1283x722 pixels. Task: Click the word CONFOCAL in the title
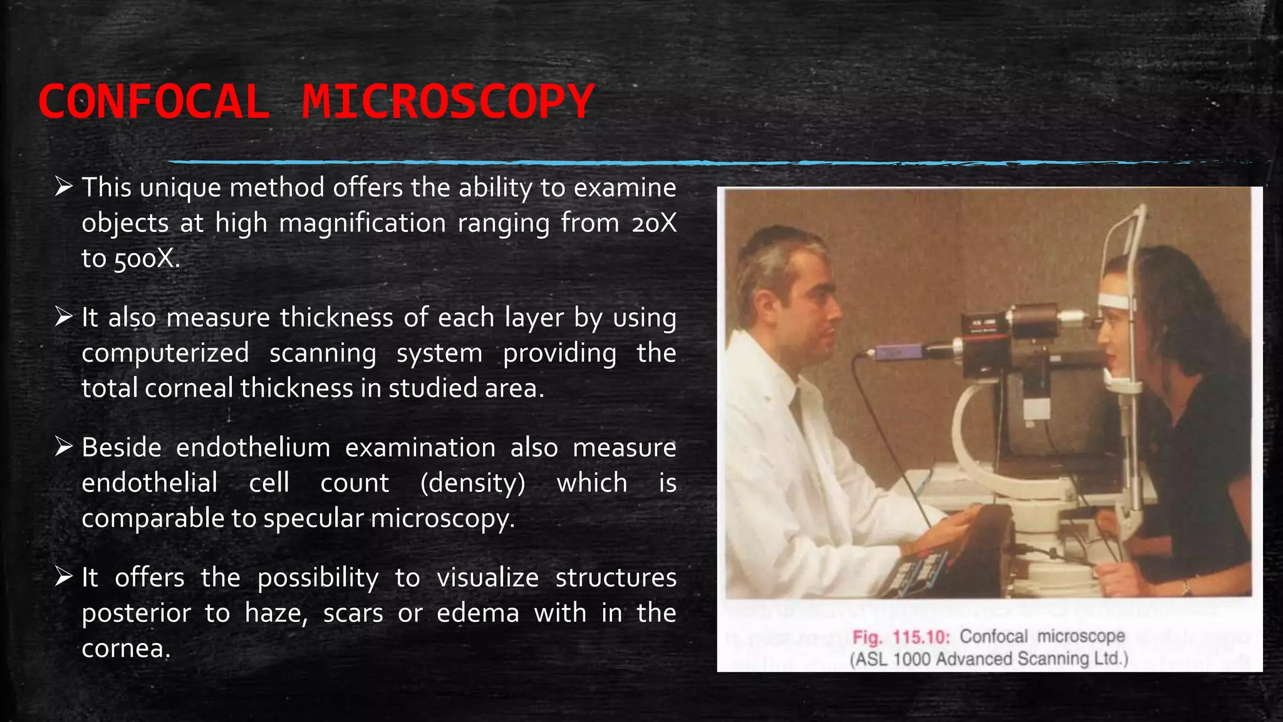click(x=154, y=102)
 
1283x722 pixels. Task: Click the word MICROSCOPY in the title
click(x=447, y=102)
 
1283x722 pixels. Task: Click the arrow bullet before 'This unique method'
click(x=64, y=187)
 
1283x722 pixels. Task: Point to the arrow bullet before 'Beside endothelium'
click(x=64, y=447)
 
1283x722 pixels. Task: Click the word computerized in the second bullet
click(x=165, y=353)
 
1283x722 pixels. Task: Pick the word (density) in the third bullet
click(x=473, y=483)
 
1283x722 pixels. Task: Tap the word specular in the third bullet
click(x=313, y=518)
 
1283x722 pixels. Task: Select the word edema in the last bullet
click(x=477, y=613)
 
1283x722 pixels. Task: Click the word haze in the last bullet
click(x=276, y=613)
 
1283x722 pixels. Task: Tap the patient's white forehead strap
click(x=1117, y=301)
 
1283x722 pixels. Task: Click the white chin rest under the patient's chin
click(x=1121, y=384)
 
